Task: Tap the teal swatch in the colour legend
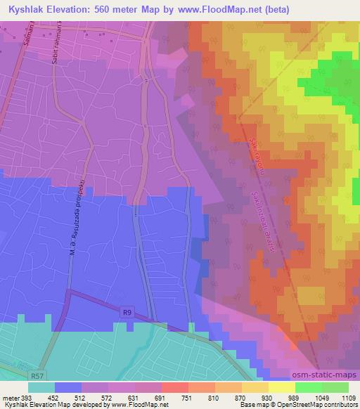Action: pyautogui.click(x=41, y=387)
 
